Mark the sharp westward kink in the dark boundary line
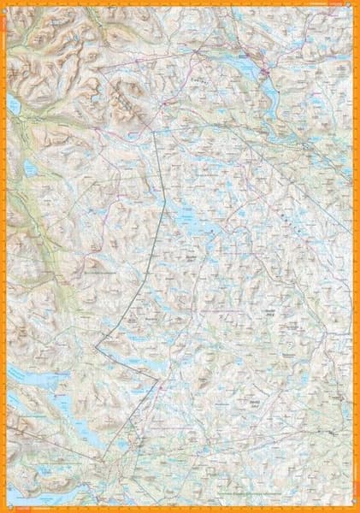tap(97, 344)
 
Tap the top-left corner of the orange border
tap(3, 3)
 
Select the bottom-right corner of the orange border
tap(357, 510)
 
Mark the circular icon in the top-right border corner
tap(352, 6)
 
